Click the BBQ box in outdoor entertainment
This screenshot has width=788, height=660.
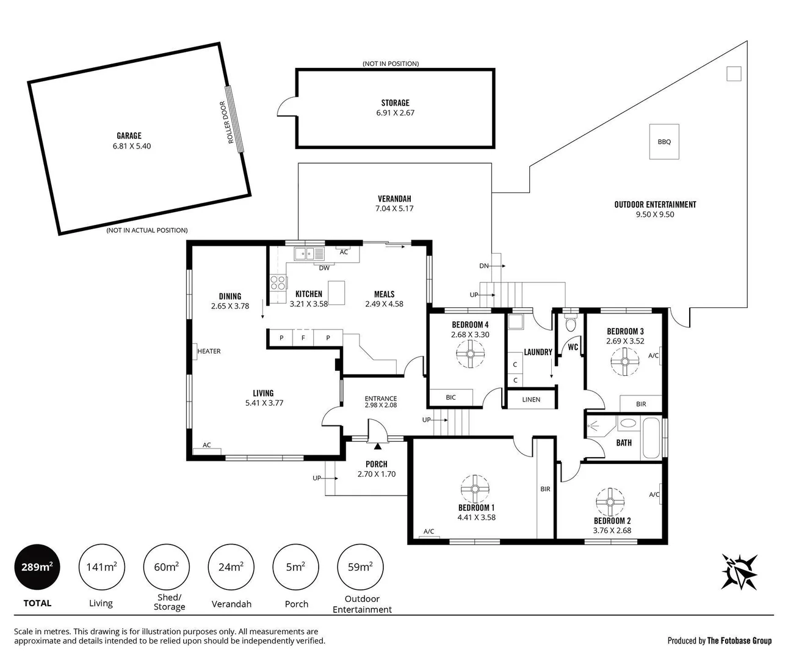(664, 142)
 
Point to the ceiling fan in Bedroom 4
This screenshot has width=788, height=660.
(471, 354)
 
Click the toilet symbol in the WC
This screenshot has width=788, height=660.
(571, 322)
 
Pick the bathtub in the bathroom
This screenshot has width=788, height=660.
(651, 438)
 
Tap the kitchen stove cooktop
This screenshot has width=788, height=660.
(278, 283)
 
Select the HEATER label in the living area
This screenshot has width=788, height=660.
(209, 351)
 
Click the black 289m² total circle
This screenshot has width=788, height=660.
(37, 567)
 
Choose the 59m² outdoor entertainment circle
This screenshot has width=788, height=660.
(361, 567)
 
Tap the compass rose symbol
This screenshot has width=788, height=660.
(740, 571)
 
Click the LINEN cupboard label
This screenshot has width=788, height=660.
(531, 400)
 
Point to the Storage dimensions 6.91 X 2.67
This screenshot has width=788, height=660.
(395, 113)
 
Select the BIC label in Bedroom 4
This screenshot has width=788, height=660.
(450, 397)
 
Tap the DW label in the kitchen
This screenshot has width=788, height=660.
(324, 268)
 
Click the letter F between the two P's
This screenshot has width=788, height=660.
(303, 338)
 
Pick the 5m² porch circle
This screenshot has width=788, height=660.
(295, 567)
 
